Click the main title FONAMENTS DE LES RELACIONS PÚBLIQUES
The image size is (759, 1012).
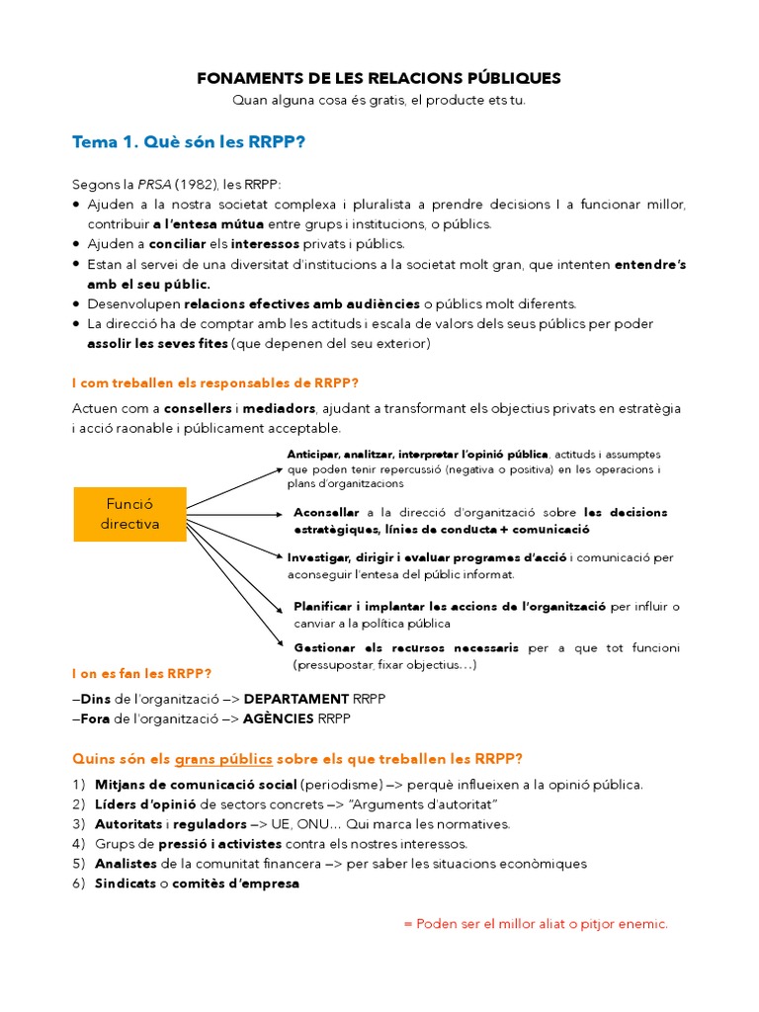coord(379,77)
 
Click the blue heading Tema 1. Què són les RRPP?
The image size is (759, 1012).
coord(189,142)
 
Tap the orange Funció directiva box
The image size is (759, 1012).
coord(129,514)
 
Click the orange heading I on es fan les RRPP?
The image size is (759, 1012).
coord(141,674)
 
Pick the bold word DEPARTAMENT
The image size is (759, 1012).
coord(296,699)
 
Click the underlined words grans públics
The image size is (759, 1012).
coord(223,759)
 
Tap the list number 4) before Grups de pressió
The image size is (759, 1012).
coord(79,844)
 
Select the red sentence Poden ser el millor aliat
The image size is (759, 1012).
coord(536,924)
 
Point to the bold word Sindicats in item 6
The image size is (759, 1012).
coord(126,884)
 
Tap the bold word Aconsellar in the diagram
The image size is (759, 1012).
coord(327,513)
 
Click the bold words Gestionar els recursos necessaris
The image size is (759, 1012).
coord(406,648)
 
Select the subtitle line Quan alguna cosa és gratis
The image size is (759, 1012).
coord(379,100)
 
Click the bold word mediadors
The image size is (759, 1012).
coord(283,408)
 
